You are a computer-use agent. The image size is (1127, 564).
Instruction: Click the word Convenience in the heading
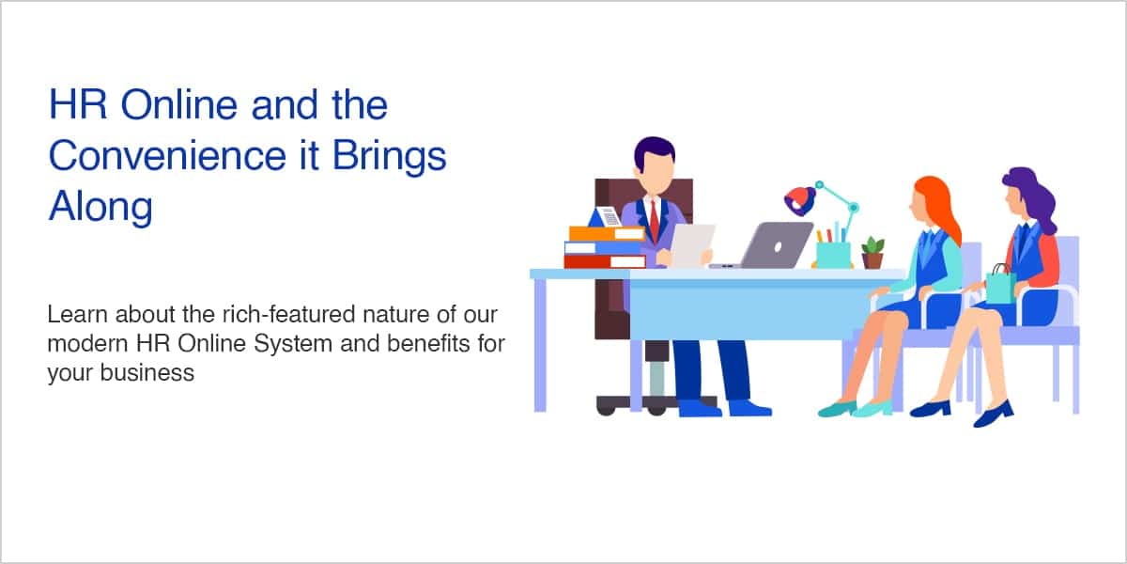(x=167, y=156)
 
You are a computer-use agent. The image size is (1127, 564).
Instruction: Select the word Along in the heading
(x=100, y=208)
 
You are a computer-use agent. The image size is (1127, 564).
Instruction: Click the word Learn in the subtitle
(x=77, y=314)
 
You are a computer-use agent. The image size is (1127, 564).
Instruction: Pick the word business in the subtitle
(x=147, y=373)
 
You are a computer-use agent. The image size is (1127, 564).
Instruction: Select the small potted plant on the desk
(x=872, y=253)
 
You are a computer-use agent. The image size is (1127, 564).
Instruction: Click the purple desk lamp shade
(x=800, y=200)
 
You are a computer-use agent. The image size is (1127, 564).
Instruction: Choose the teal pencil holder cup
(x=833, y=255)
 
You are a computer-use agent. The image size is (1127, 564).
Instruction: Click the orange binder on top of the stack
(x=608, y=233)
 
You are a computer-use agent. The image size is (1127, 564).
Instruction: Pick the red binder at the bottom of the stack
(x=605, y=261)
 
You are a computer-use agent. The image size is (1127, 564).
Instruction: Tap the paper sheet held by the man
(x=692, y=245)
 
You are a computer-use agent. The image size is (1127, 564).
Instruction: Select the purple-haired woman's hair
(x=1032, y=196)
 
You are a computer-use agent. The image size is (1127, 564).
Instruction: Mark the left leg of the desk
(x=540, y=345)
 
